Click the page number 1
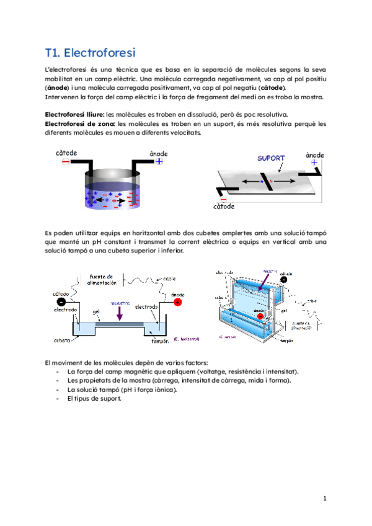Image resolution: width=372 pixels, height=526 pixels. point(324,498)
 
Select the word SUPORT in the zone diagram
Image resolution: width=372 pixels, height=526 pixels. point(271,158)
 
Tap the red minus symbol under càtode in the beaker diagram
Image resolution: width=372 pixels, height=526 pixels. point(66,162)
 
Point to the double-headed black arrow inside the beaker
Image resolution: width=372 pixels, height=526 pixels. point(123,201)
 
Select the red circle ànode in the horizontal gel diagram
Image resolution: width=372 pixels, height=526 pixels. point(178,302)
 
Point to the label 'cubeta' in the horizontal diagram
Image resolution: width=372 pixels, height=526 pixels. point(61,341)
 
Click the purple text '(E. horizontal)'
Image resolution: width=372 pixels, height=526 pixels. point(186,339)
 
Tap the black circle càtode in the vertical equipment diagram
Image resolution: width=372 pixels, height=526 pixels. point(283,279)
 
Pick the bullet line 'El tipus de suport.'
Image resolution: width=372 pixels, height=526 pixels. point(94,398)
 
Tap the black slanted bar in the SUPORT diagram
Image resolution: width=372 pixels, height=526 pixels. point(267,182)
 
